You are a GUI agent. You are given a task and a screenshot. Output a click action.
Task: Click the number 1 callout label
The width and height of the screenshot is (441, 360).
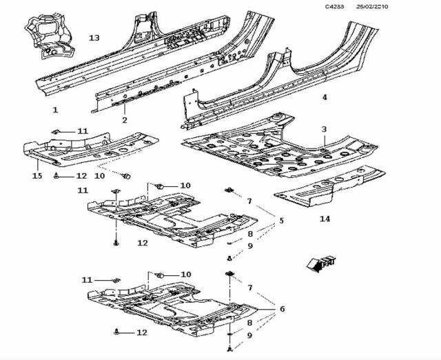(55, 110)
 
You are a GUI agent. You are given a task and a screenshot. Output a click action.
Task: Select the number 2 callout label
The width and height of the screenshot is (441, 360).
(125, 121)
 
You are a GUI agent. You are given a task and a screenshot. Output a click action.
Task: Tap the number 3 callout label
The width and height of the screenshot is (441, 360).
(324, 129)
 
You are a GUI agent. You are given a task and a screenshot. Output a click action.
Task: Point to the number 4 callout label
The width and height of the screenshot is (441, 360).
(325, 97)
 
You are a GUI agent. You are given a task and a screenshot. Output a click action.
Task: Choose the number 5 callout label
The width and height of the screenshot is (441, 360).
(281, 221)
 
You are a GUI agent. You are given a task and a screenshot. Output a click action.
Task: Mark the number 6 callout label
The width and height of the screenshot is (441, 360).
(281, 308)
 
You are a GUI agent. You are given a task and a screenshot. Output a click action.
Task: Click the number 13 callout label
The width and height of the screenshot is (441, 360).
(94, 37)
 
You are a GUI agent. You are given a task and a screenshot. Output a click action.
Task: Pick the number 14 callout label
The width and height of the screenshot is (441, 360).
(324, 219)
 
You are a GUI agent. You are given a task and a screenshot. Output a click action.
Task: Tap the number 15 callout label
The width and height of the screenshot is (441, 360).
(37, 176)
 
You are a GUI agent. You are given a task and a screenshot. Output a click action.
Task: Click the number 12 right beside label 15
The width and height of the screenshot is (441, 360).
(81, 177)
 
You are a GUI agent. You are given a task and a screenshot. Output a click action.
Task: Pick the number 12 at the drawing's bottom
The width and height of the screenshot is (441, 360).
(141, 333)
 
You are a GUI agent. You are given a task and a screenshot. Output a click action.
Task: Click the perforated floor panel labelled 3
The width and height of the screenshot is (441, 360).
(276, 148)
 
